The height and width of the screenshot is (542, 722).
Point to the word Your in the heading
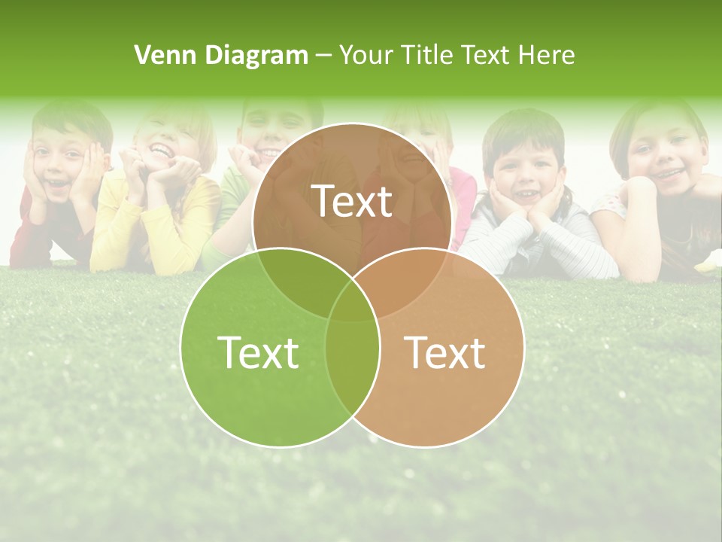click(x=366, y=55)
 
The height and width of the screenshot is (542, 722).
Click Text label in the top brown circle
click(x=352, y=201)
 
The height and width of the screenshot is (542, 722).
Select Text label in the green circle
click(x=257, y=352)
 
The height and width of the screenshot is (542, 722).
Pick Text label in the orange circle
click(x=444, y=352)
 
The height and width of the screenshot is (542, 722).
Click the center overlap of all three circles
click(x=352, y=301)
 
